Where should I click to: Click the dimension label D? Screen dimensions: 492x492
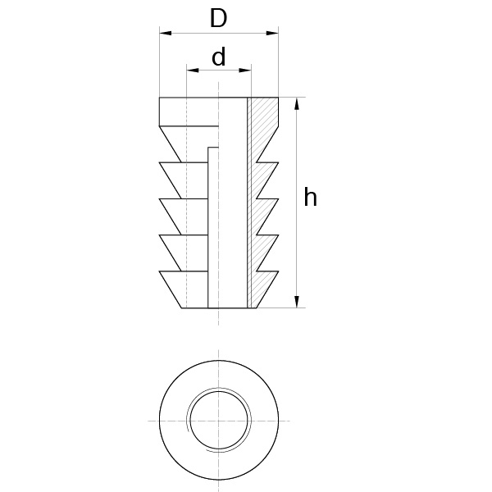217,18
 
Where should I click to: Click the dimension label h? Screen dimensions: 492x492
310,198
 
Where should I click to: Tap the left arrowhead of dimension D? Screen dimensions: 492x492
163,34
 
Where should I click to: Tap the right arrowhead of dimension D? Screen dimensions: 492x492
274,34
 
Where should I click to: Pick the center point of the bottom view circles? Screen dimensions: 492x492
218,420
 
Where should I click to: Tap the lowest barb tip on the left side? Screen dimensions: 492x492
159,271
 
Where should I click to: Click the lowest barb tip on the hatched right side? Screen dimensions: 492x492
279,271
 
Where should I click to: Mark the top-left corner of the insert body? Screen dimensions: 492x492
159,98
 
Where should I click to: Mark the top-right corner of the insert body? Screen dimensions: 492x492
279,98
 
